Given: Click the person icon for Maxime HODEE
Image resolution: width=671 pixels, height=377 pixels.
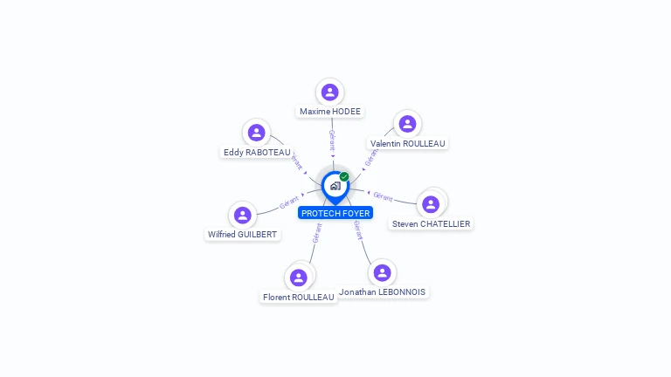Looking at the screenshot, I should coord(329,92).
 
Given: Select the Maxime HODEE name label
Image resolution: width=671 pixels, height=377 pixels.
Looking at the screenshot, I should coord(330,112).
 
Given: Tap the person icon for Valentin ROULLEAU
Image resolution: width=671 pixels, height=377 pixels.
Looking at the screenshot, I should coord(406,123).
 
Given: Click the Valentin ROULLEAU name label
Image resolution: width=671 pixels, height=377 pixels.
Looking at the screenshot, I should coord(408,143).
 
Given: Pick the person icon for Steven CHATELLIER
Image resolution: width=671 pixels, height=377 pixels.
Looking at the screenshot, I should coord(430,204).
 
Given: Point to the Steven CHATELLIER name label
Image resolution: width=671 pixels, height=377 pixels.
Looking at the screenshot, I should coord(432,224).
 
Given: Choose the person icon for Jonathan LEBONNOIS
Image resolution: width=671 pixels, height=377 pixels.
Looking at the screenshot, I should coord(382,272).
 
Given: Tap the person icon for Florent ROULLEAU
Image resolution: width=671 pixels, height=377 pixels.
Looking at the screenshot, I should coord(298,278).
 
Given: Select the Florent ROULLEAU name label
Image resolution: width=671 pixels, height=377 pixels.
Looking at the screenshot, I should coord(299,297).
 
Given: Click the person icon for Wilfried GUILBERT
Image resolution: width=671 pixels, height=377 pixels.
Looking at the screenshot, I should coord(243,215).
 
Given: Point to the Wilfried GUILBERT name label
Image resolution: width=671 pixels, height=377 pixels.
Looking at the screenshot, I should coord(243,235).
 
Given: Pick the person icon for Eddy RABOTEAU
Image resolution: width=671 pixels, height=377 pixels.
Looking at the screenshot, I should coord(256,132).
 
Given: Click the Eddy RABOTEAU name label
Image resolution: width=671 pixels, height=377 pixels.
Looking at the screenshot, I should coord(257,152).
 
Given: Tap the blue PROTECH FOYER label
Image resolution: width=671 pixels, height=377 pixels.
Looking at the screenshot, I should coord(335,213).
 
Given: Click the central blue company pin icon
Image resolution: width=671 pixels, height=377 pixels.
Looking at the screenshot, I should coord(335,186).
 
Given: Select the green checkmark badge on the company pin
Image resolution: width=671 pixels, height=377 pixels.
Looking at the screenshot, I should coord(344,177).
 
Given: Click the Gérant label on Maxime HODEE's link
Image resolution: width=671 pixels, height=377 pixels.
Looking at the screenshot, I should coord(332,140).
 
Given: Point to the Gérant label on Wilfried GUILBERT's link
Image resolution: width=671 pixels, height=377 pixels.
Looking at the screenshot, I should coord(289,202).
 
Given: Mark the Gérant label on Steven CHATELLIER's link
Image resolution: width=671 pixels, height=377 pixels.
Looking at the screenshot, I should coord(383,196).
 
